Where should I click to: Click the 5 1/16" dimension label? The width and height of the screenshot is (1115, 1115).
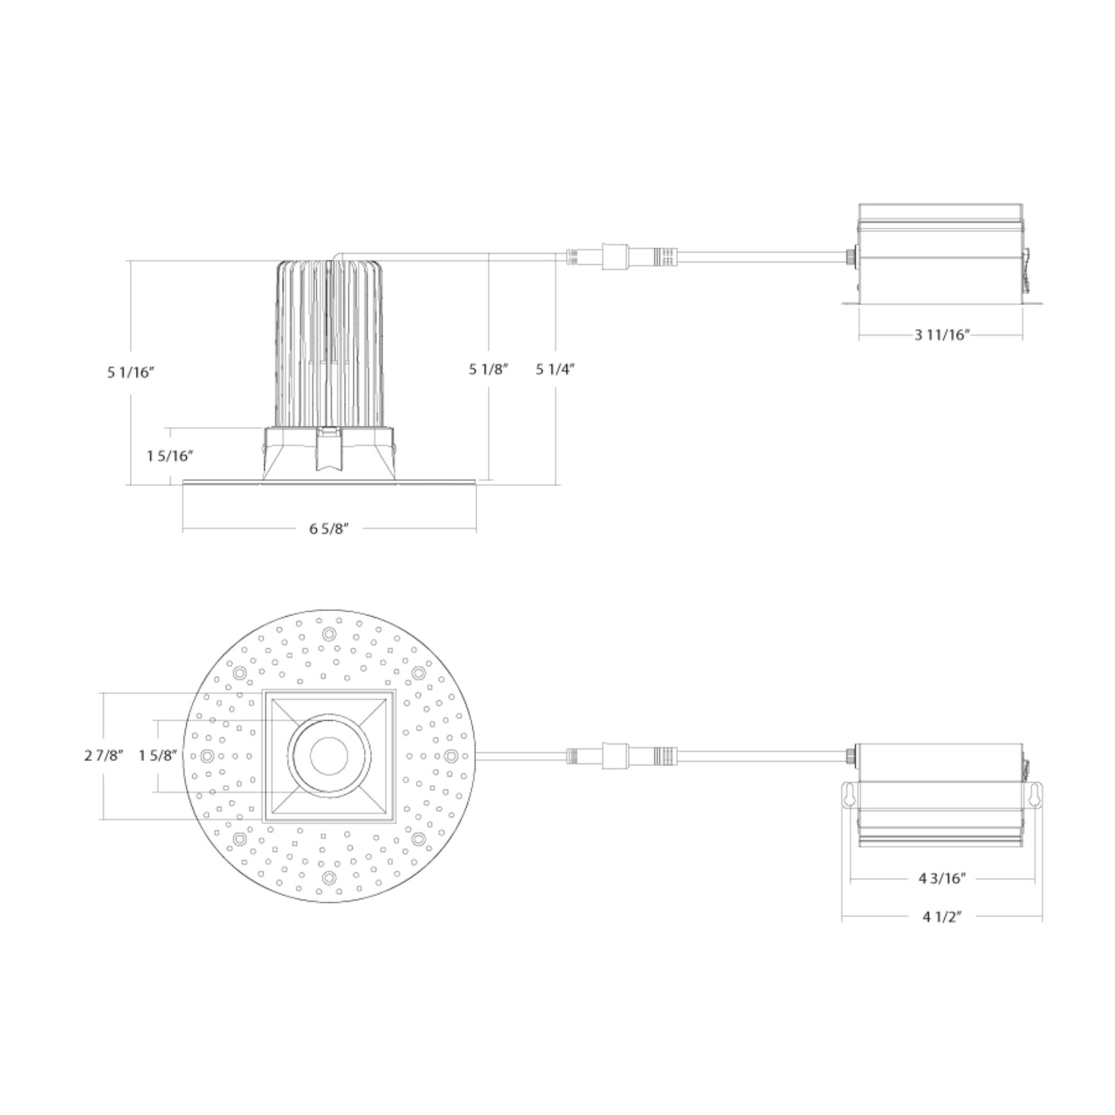pos(131,372)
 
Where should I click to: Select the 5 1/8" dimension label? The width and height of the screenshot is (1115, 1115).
pos(488,370)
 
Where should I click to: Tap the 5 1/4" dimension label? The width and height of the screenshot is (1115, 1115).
pos(555,370)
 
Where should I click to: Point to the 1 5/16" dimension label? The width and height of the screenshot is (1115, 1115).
pos(170,456)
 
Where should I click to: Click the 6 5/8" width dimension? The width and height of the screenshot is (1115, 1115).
pos(329,529)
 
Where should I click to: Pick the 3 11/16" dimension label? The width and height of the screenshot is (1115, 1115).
pos(942,335)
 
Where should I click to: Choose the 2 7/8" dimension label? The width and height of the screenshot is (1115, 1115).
pos(104,755)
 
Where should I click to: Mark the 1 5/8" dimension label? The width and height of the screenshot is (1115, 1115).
pos(158,755)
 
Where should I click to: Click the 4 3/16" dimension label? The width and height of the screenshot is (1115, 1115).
pos(943,878)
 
